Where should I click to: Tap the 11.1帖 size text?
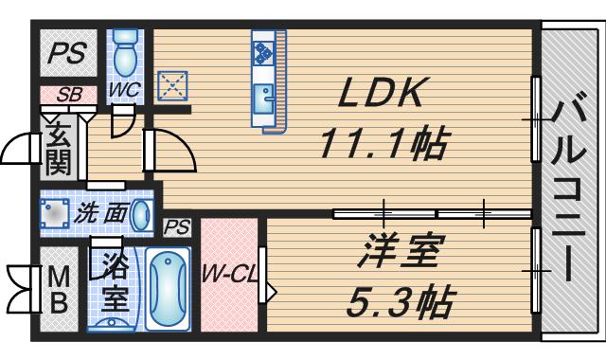tap(383, 144)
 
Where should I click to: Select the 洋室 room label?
tap(400, 255)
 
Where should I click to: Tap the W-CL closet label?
tap(228, 276)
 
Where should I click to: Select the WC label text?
tap(123, 90)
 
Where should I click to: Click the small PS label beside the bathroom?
tap(176, 227)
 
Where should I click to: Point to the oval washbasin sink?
tap(140, 215)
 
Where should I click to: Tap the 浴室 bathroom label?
tap(115, 283)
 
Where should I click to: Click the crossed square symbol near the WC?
tap(172, 85)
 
